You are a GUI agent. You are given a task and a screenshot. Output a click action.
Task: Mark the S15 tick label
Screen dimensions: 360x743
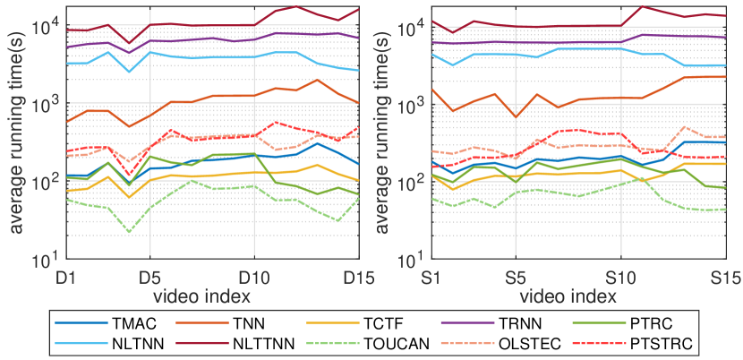(723, 275)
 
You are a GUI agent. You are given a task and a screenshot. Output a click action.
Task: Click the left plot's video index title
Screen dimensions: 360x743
(202, 294)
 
